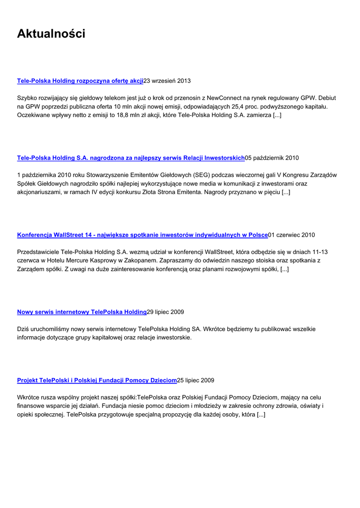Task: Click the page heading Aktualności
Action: (x=51, y=34)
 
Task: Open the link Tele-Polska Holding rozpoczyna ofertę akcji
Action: (x=80, y=80)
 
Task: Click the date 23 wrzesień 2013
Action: (x=167, y=80)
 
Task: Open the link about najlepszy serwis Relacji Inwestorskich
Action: (x=131, y=158)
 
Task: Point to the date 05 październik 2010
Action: (x=272, y=158)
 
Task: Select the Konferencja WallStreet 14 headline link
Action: (x=143, y=235)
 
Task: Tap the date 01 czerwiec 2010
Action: (x=291, y=235)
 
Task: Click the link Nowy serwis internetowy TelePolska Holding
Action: (x=82, y=312)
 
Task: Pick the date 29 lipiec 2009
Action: (x=165, y=312)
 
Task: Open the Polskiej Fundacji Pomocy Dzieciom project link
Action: (x=97, y=381)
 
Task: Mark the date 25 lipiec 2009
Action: (x=196, y=381)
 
